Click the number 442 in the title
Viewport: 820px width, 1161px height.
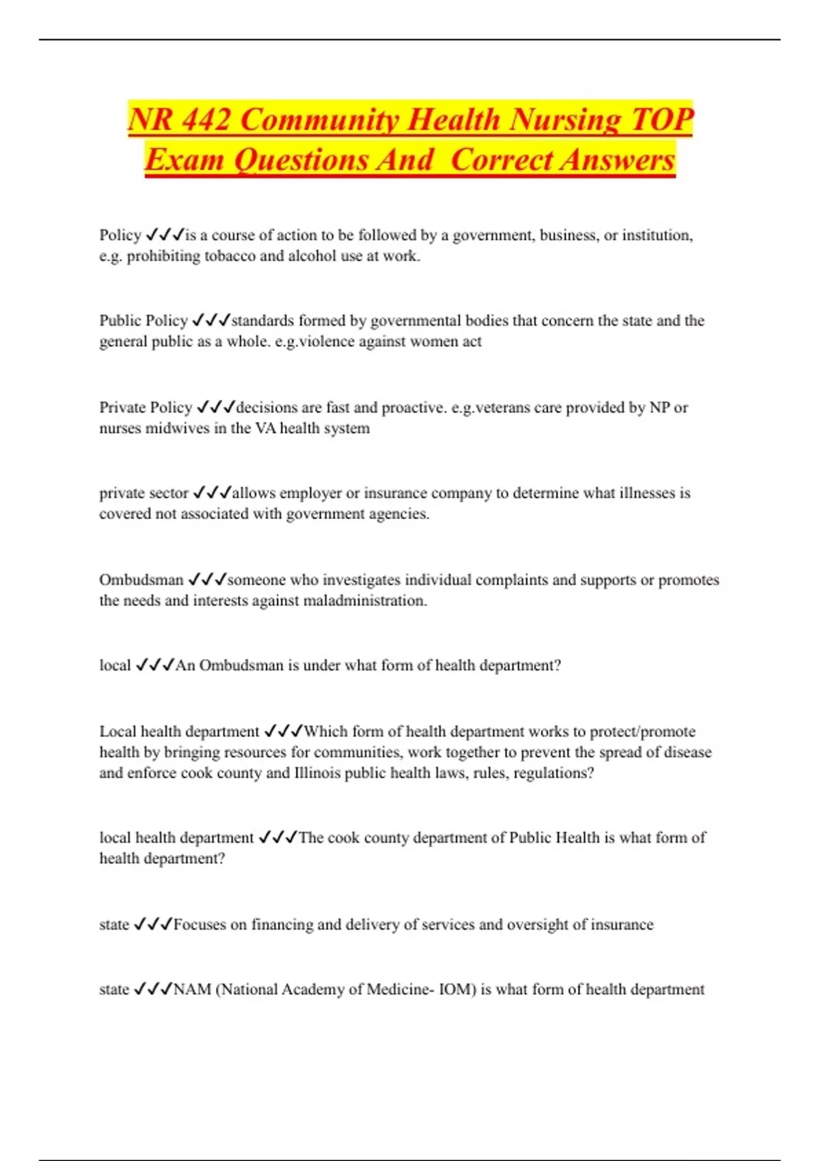click(206, 120)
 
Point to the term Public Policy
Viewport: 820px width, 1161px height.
click(143, 320)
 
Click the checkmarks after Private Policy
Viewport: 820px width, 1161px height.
click(215, 407)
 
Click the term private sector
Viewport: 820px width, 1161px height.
click(143, 492)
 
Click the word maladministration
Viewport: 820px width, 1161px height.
click(365, 600)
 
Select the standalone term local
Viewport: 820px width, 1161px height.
click(115, 665)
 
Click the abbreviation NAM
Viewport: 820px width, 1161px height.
click(192, 989)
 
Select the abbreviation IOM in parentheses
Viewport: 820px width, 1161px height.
click(455, 989)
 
